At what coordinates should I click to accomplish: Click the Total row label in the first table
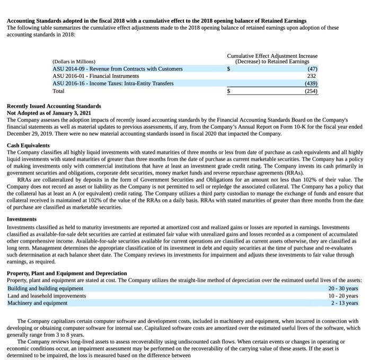pyautogui.click(x=58, y=91)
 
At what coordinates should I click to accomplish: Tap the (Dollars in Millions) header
pyautogui.click(x=74, y=62)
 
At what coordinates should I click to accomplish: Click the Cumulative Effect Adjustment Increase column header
pyautogui.click(x=272, y=56)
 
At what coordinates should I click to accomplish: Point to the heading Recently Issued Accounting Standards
pyautogui.click(x=54, y=107)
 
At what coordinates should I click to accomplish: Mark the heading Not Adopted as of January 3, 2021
pyautogui.click(x=49, y=113)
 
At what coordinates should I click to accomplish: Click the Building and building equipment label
pyautogui.click(x=45, y=288)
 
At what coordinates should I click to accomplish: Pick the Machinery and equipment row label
pyautogui.click(x=37, y=303)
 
